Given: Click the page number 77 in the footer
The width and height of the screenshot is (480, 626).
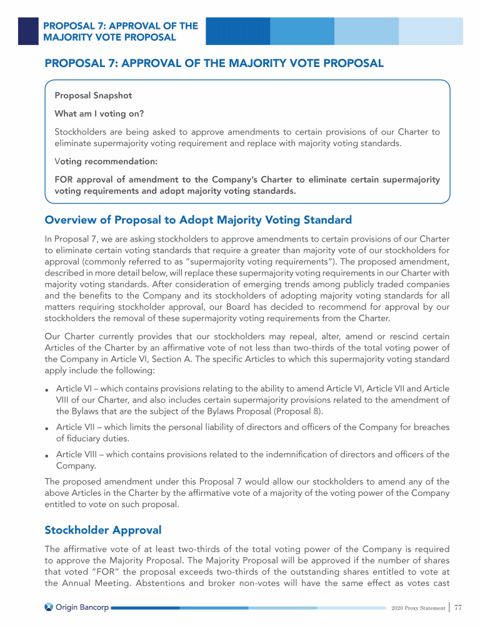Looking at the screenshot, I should click(457, 608).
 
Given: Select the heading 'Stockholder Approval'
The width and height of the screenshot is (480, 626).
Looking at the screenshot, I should click(102, 530).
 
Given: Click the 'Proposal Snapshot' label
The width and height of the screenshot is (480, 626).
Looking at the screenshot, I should click(93, 96).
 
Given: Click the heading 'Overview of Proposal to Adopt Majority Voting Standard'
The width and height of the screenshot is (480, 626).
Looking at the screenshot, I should click(198, 220).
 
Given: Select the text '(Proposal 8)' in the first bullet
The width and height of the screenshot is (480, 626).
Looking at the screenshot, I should click(324, 411).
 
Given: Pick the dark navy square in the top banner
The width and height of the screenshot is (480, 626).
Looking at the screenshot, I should click(28, 31).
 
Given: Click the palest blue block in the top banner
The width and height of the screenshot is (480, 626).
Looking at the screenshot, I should click(431, 31).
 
